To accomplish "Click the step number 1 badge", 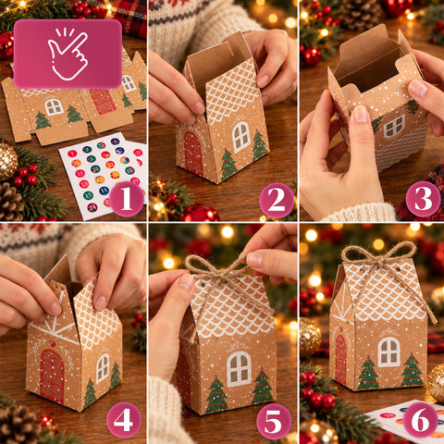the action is coord(127,199).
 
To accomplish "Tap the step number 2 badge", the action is coord(277,200).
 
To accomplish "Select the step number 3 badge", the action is coord(423,199).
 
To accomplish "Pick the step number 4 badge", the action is coord(124,420).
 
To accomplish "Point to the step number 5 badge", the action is coord(274,421).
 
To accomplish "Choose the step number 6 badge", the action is coord(420,420).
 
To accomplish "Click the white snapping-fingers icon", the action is coord(68,54).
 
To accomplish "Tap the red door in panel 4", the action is coord(52,376).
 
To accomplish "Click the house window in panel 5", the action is coord(240,369).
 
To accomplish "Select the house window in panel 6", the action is coord(388,351).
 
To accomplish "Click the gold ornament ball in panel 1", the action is coord(7,161).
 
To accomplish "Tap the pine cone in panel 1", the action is coord(10,202).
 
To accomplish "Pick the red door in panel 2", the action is coord(193,154).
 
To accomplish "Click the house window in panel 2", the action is coord(241,137).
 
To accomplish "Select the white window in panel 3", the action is coord(394,126).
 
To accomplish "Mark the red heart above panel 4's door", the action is coord(53,343).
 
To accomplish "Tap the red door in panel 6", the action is coord(340,359).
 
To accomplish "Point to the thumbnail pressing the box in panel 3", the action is coord(361,114).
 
